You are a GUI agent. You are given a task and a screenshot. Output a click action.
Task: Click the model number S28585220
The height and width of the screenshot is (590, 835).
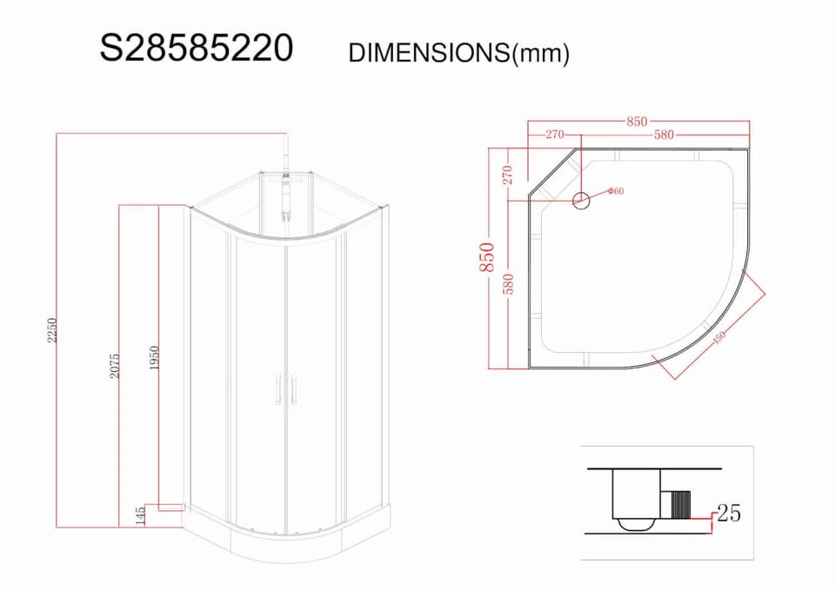196,48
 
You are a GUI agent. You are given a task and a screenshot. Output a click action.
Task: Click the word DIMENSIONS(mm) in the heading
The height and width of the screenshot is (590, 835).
458,53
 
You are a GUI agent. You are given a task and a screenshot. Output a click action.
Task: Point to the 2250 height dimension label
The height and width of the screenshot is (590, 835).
51,330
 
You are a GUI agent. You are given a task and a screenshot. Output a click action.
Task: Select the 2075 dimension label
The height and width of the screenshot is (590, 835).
115,366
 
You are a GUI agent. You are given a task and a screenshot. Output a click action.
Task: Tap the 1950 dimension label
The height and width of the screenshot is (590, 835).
155,359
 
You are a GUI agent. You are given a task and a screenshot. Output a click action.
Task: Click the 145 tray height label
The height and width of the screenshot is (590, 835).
141,516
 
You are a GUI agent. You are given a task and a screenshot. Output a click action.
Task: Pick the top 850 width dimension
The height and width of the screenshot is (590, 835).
637,122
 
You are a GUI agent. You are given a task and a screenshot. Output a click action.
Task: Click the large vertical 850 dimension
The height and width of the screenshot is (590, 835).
487,257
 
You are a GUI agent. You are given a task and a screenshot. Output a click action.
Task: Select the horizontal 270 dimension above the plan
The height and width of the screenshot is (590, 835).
554,135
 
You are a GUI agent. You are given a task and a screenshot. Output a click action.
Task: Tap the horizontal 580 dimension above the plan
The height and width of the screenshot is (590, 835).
664,136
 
